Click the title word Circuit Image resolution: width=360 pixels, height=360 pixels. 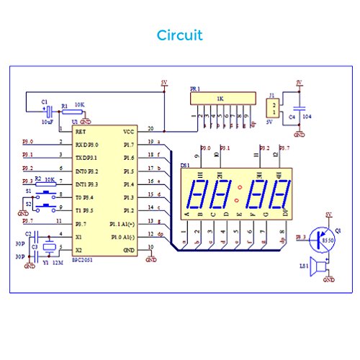point(179,35)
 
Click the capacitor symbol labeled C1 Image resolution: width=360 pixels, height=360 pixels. point(50,110)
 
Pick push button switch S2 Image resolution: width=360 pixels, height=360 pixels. point(48,208)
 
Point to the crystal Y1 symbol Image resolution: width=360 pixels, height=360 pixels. point(48,249)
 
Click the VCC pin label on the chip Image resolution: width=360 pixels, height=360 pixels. point(129,132)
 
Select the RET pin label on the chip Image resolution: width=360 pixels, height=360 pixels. point(81,132)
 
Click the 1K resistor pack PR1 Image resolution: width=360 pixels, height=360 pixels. point(219,97)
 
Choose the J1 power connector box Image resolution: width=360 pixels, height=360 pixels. point(272,109)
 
